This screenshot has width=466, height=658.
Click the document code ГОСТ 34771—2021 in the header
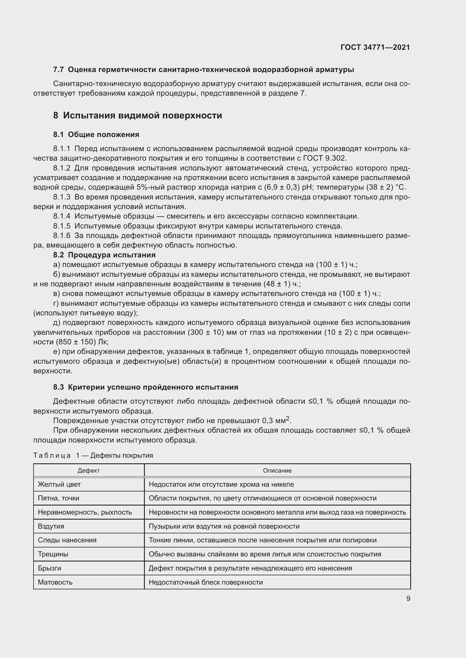375,47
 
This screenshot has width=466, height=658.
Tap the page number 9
408,599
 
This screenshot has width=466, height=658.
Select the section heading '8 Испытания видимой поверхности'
137,116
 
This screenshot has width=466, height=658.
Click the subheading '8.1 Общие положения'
96,134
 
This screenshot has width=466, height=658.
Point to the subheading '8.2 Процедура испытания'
105,255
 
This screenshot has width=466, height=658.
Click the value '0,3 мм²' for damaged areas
276,420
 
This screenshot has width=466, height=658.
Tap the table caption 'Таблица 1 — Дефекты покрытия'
93,455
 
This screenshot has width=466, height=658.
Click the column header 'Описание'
277,471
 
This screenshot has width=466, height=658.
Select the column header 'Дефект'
89,471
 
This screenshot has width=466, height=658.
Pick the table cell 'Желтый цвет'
59,485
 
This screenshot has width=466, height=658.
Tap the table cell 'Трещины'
53,554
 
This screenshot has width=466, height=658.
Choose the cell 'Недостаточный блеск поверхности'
206,582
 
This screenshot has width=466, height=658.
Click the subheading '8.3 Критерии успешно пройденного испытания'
146,387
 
